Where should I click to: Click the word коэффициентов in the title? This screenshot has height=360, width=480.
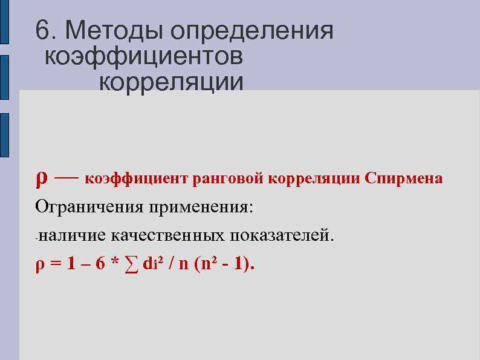144,56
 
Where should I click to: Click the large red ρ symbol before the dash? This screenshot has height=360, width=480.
41,178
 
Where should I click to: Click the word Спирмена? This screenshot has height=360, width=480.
403,179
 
